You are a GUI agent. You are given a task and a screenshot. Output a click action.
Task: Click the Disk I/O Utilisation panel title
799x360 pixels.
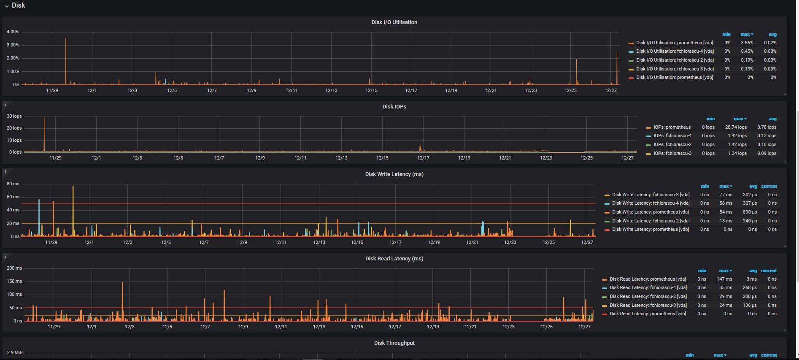[394, 22]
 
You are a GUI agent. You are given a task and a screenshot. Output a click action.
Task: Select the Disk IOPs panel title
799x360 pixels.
[394, 107]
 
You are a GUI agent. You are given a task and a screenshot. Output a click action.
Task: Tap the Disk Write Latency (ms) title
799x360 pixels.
[394, 174]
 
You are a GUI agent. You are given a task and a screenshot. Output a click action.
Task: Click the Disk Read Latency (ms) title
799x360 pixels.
[394, 259]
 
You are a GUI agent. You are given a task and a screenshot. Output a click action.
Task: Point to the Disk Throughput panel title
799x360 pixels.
[394, 343]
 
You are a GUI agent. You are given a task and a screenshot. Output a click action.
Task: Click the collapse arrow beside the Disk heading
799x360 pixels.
[7, 6]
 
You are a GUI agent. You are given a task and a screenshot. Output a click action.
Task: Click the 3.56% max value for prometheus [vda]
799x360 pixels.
[747, 43]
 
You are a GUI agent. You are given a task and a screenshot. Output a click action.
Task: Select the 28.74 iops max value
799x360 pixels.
[736, 127]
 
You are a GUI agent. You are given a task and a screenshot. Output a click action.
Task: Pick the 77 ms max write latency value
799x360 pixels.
[726, 195]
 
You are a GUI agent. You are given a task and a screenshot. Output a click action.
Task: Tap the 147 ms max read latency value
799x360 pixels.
[724, 279]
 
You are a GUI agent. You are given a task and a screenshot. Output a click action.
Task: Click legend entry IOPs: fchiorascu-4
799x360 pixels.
[672, 135]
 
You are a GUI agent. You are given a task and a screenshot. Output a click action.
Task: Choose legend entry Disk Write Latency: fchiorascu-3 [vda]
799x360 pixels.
[651, 195]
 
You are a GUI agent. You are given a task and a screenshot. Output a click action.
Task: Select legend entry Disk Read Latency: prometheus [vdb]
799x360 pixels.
[648, 314]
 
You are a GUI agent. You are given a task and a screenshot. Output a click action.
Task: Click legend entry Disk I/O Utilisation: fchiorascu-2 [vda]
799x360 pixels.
[675, 60]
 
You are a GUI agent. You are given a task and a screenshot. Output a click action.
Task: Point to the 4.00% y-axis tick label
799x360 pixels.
[13, 32]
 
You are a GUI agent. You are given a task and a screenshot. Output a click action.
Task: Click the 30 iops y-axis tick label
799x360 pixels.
[14, 116]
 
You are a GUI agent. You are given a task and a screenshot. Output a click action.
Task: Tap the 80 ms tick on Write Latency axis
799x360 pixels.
[13, 184]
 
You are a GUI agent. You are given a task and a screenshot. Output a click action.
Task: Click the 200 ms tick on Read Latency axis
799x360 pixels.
[14, 268]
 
